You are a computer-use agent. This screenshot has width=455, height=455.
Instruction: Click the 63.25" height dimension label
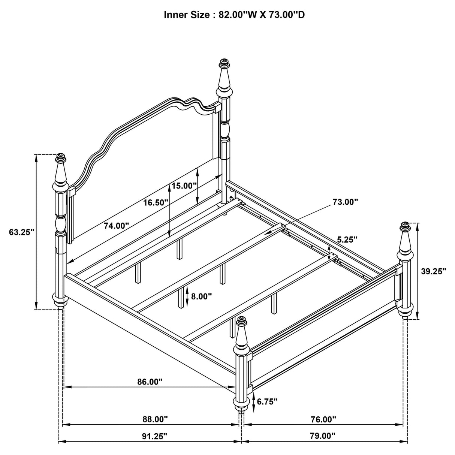22,232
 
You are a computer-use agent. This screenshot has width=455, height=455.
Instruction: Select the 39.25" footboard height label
433,271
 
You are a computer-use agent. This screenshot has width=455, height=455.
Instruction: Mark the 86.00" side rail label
150,382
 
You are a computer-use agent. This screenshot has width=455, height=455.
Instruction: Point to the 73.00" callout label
345,202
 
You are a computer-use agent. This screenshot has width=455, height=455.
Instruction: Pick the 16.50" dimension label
156,203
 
